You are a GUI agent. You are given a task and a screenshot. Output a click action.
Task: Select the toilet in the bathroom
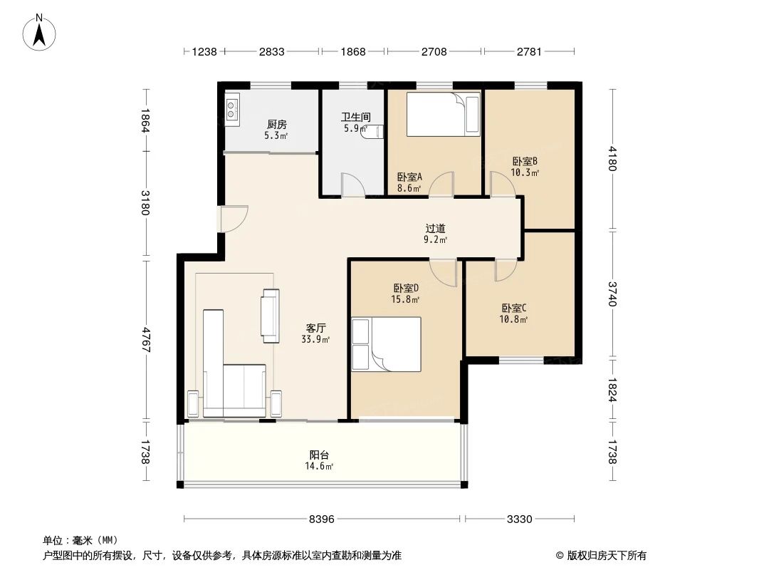point(372,133)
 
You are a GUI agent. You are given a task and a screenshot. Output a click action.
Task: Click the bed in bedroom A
point(442,114)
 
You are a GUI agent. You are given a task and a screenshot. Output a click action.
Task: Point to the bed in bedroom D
point(386,344)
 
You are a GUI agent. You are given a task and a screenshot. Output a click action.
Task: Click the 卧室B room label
point(525,161)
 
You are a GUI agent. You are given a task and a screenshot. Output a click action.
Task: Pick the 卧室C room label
point(513,308)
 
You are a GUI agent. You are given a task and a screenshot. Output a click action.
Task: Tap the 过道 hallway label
point(435,228)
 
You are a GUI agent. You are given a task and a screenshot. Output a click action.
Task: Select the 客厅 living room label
point(315,328)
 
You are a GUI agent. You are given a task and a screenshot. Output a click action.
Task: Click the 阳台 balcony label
point(319,455)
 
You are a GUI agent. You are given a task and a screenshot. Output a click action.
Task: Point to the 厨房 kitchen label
point(276,125)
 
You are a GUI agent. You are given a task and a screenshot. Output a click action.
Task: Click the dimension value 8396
point(321,519)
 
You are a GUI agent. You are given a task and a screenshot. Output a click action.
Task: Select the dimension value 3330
point(519,519)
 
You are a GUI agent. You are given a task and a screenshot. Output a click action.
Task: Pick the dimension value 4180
point(612,158)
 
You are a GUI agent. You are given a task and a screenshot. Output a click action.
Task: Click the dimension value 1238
point(204,51)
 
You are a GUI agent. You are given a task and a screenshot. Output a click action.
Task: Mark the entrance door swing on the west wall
point(233,219)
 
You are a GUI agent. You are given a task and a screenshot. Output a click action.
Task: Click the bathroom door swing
point(352,185)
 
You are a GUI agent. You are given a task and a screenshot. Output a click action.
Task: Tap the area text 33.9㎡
point(315,339)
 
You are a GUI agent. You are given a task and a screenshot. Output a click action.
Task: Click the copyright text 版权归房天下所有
point(607,556)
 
